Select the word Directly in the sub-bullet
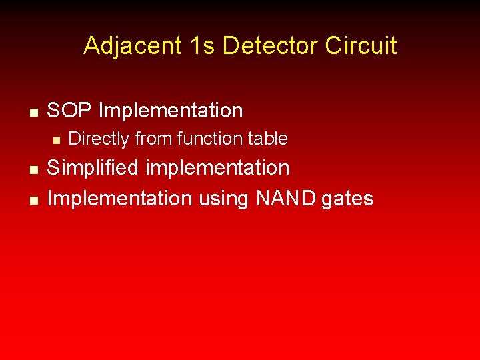(99, 139)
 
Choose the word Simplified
(93, 168)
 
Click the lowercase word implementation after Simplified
(217, 169)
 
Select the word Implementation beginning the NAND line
(119, 198)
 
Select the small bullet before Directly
(57, 141)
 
